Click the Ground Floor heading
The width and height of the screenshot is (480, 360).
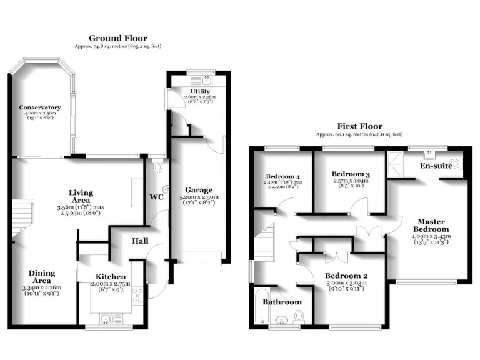pyautogui.click(x=118, y=38)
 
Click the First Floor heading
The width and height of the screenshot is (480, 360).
pyautogui.click(x=359, y=126)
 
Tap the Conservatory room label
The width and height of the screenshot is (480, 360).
pyautogui.click(x=40, y=107)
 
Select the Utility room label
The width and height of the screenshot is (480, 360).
pyautogui.click(x=200, y=91)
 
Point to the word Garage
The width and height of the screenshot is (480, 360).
pyautogui.click(x=199, y=190)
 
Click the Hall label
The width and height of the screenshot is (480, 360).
pyautogui.click(x=139, y=241)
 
